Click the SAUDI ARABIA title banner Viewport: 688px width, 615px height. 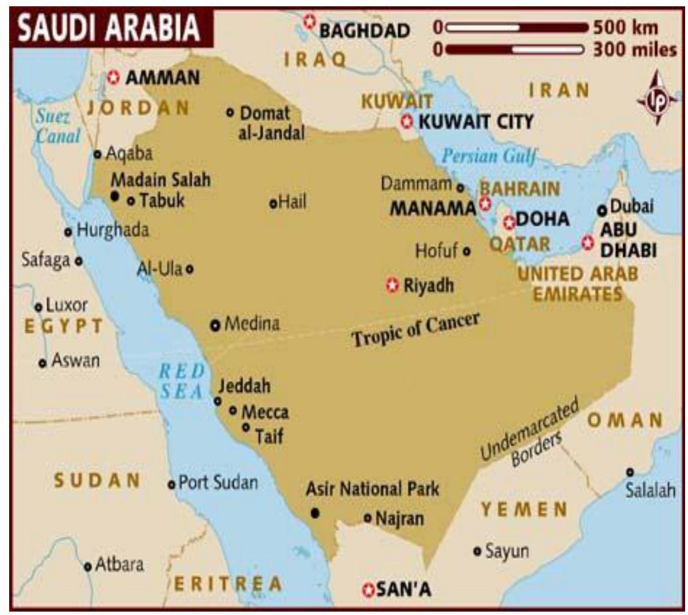[110, 28]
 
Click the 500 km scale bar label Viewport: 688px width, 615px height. [626, 28]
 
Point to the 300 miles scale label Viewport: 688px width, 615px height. [634, 49]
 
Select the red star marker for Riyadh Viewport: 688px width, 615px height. [393, 285]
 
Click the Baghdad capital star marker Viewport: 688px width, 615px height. [309, 22]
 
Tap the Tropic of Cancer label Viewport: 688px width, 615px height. [415, 329]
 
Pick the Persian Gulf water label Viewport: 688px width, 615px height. [489, 156]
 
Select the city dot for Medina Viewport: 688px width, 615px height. [215, 325]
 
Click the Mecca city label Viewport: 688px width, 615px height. [265, 412]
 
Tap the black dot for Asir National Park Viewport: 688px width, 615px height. [315, 513]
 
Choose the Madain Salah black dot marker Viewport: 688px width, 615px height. [114, 196]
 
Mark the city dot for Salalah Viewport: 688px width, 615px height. [630, 472]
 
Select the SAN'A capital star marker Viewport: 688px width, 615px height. [368, 589]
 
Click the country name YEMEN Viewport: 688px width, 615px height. [524, 510]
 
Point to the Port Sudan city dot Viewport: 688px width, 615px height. [171, 484]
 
